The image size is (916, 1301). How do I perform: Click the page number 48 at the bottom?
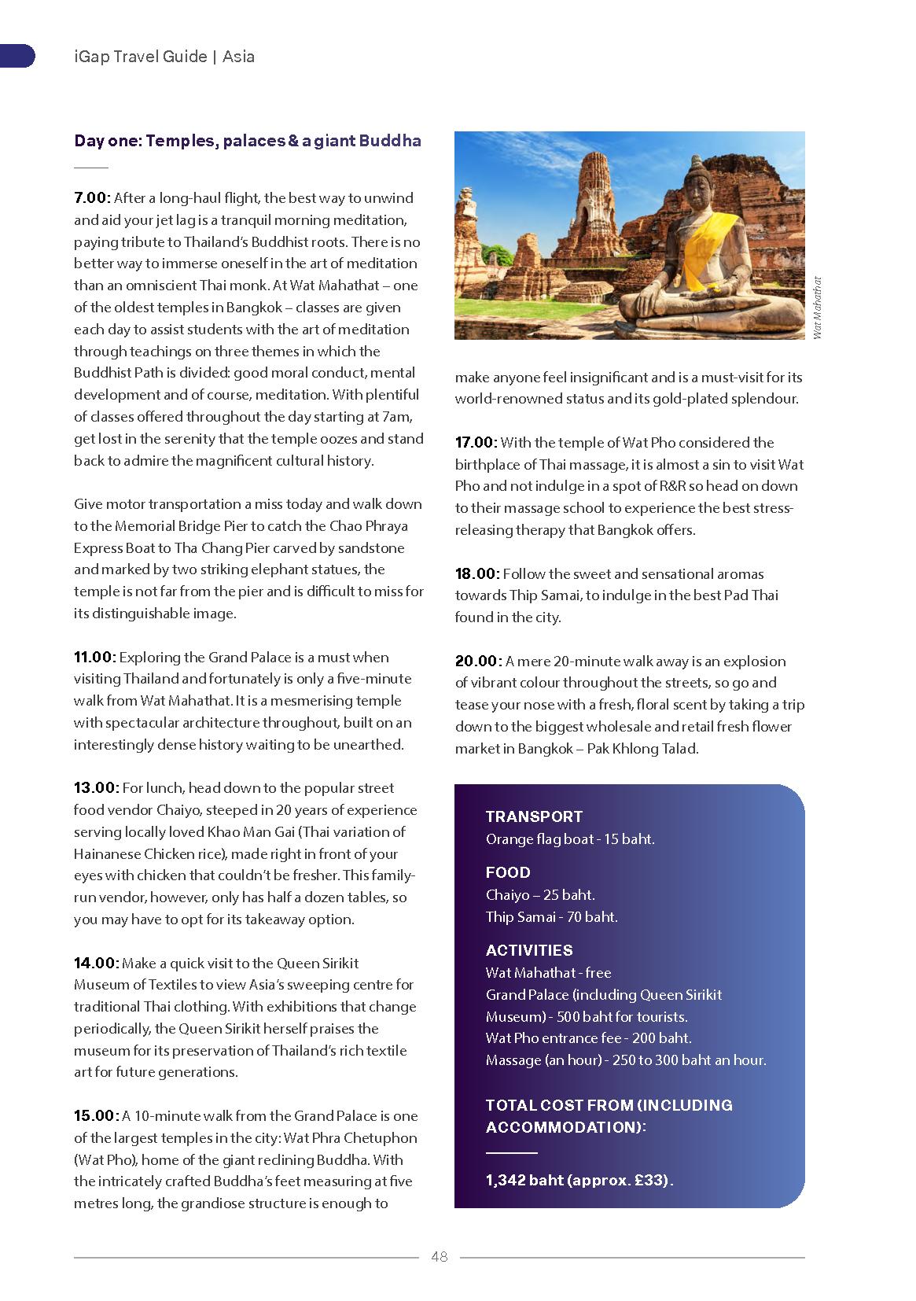click(x=439, y=1256)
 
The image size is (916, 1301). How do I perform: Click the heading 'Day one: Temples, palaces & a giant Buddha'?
click(x=248, y=141)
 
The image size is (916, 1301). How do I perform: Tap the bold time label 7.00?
click(x=92, y=198)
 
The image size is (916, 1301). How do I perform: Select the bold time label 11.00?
click(x=94, y=658)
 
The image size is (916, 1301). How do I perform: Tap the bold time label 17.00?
click(x=476, y=443)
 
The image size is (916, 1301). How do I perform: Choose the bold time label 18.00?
click(x=477, y=574)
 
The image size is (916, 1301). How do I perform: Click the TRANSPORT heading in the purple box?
click(x=534, y=816)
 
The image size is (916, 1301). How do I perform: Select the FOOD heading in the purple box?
click(x=508, y=872)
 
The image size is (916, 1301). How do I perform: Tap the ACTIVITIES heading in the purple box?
click(x=529, y=950)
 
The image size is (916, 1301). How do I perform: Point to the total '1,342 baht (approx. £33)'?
click(x=579, y=1180)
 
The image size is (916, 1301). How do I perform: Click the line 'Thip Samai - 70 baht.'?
click(x=551, y=916)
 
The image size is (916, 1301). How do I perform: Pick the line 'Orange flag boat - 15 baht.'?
click(x=570, y=839)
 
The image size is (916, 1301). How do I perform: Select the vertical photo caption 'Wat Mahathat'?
click(x=817, y=308)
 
